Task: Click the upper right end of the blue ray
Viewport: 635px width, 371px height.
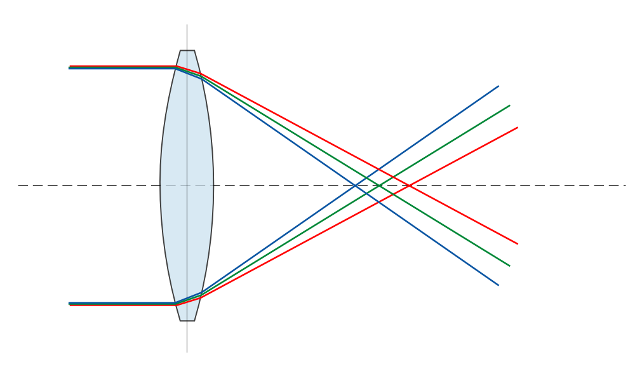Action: pyautogui.click(x=498, y=86)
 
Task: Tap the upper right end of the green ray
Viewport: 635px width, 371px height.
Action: pyautogui.click(x=509, y=105)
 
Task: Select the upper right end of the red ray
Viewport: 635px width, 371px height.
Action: pyautogui.click(x=518, y=127)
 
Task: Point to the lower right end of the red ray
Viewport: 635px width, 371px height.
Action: pyautogui.click(x=518, y=243)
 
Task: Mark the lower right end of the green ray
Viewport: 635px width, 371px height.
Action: pyautogui.click(x=509, y=266)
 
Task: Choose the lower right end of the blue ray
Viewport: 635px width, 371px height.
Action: pyautogui.click(x=498, y=285)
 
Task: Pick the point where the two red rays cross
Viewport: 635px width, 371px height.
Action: pyautogui.click(x=408, y=185)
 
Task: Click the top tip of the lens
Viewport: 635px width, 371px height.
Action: pyautogui.click(x=187, y=51)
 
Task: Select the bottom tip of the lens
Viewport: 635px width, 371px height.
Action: pyautogui.click(x=187, y=320)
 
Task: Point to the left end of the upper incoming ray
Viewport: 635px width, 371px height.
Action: pyautogui.click(x=69, y=67)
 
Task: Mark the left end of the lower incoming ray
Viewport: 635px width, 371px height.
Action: pyautogui.click(x=69, y=304)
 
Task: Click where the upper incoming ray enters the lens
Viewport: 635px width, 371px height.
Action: pyautogui.click(x=176, y=67)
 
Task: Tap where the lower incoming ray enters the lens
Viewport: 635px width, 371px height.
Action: pyautogui.click(x=176, y=304)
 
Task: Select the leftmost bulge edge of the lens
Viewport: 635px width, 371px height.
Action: pyautogui.click(x=161, y=185)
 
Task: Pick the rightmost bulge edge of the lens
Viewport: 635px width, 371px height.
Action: pyautogui.click(x=213, y=185)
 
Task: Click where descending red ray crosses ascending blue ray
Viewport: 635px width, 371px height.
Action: pyautogui.click(x=379, y=169)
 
